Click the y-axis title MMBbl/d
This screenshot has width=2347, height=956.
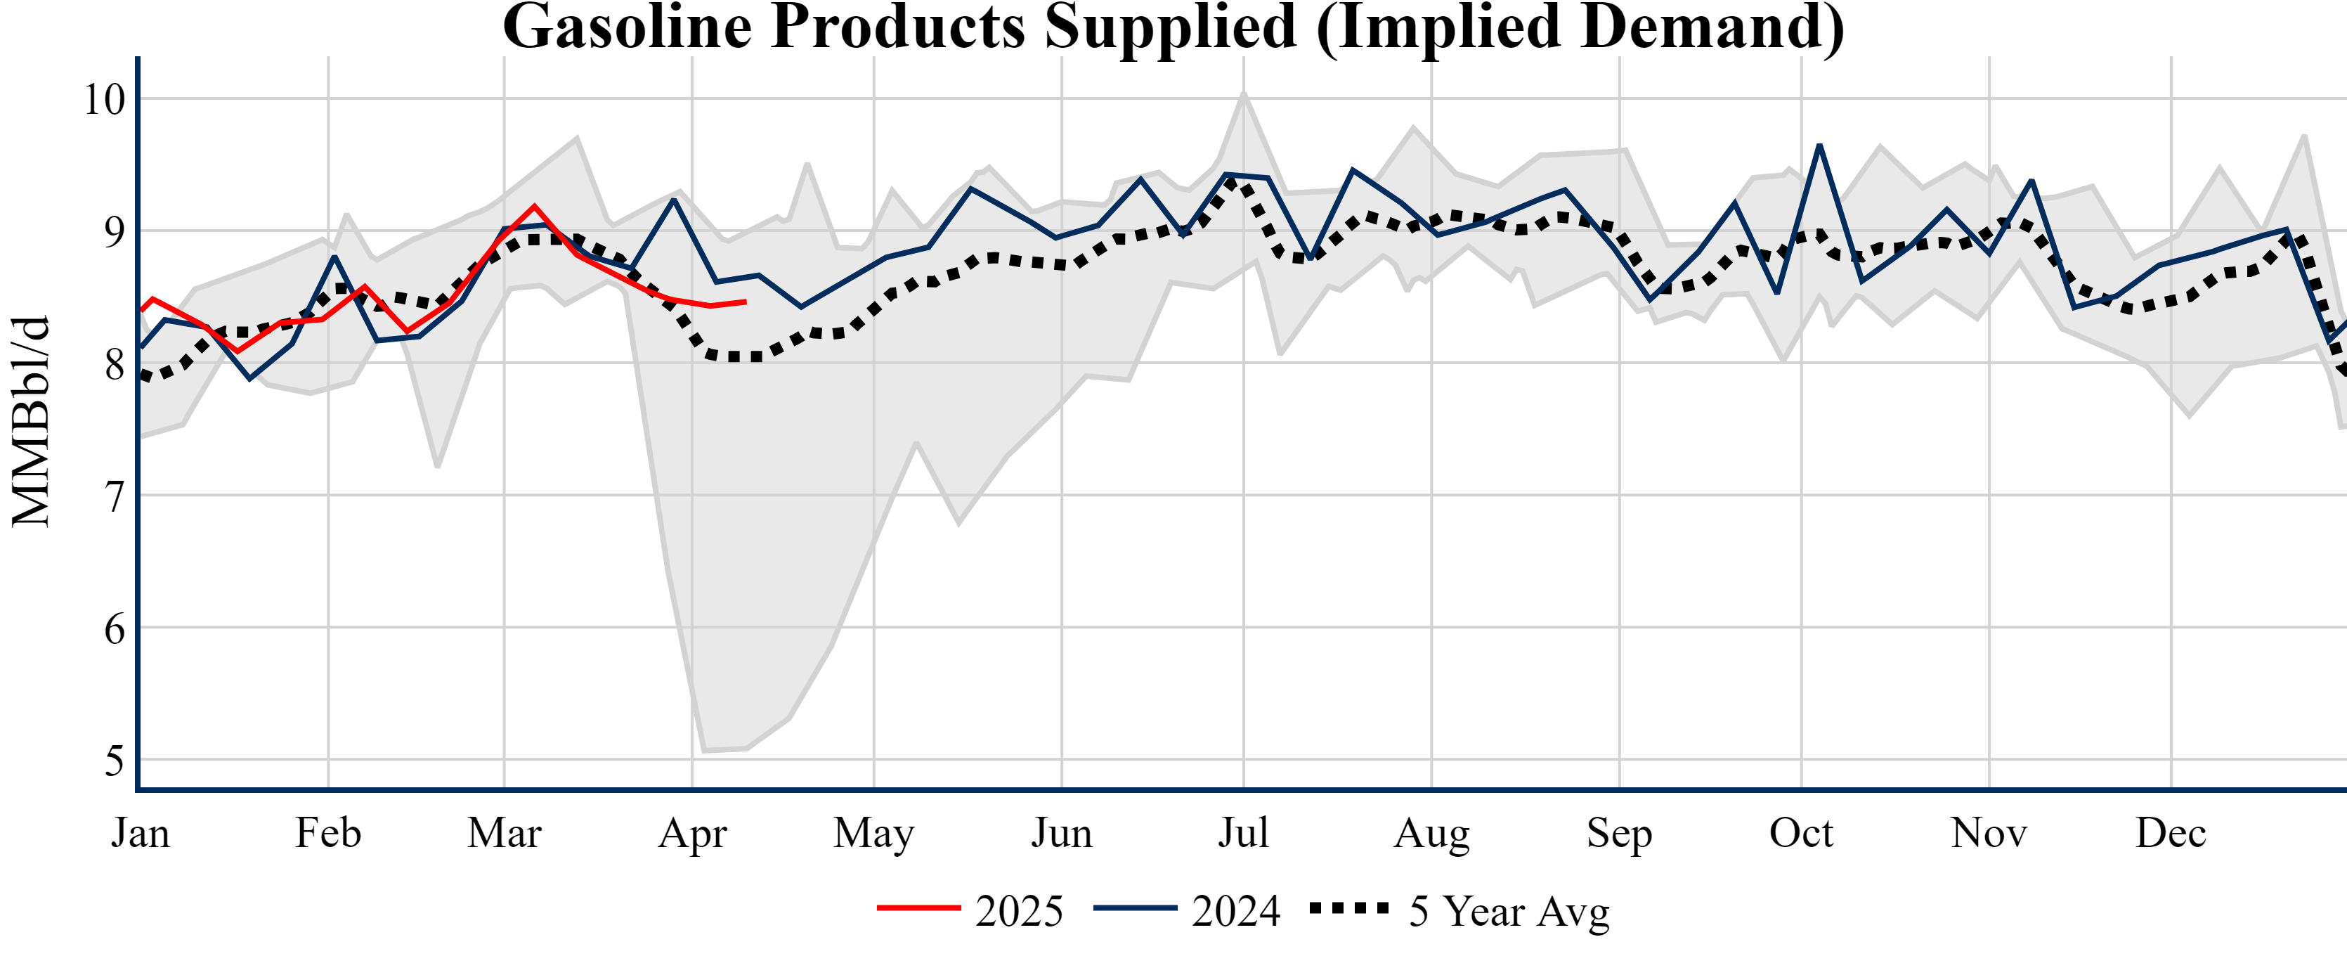[31, 421]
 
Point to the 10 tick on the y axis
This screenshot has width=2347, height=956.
[104, 99]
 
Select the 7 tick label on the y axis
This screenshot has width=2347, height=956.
[114, 497]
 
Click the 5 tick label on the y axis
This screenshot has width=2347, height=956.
[114, 761]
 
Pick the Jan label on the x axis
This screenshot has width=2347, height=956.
[141, 833]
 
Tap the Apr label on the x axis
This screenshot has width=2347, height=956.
[692, 833]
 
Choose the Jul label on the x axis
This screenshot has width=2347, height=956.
[1244, 833]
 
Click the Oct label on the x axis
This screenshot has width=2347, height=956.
[1801, 833]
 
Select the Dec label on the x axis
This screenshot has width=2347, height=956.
[2171, 833]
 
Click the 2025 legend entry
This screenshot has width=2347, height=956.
[971, 910]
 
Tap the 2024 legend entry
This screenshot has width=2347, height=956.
[1187, 910]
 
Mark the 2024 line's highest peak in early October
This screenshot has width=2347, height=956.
[1819, 146]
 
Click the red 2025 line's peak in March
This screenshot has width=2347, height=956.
[534, 206]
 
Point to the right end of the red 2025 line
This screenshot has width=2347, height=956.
[746, 302]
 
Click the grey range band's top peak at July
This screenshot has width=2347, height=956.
[1244, 93]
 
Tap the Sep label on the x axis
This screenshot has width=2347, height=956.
[1619, 833]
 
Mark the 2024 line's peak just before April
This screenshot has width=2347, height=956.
[673, 200]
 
